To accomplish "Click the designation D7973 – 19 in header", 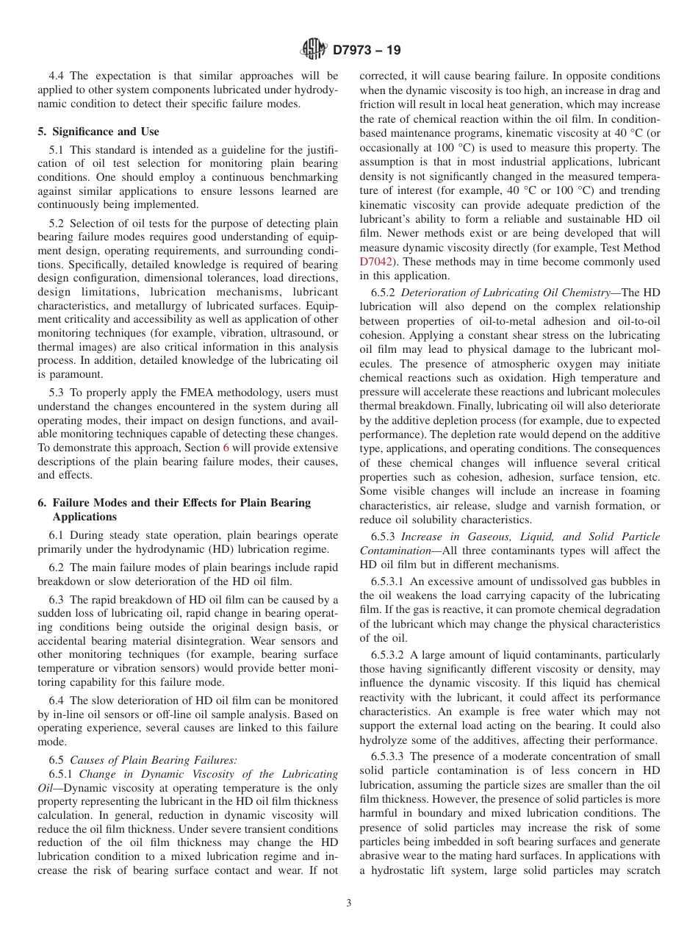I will [x=367, y=51].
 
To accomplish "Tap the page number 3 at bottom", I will [x=348, y=903].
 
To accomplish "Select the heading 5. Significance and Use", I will [x=98, y=132].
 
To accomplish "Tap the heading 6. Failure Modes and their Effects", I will [x=173, y=503].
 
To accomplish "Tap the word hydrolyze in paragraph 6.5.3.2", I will [x=382, y=740].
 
